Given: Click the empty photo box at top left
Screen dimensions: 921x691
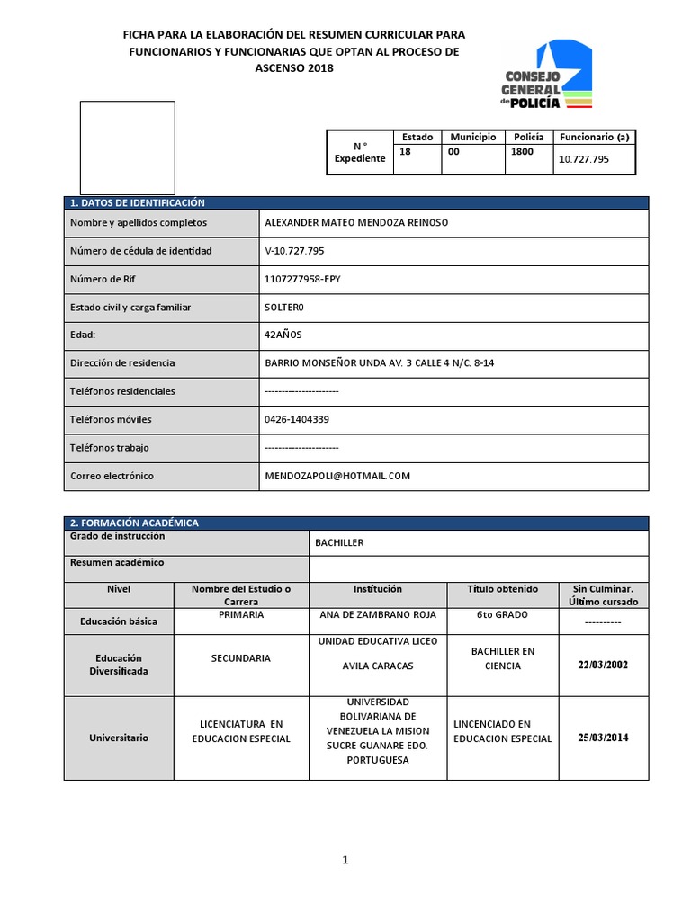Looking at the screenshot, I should point(128,148).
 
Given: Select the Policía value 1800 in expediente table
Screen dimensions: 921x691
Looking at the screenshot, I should point(522,152).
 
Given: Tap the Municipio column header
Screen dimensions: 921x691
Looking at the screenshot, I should point(472,137).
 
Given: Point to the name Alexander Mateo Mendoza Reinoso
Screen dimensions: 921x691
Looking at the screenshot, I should point(356,222).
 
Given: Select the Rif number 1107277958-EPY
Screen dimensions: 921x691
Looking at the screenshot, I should point(303,279).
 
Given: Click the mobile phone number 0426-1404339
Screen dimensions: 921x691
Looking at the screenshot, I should point(297,419).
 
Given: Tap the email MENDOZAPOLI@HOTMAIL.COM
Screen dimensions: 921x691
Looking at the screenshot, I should point(337,476).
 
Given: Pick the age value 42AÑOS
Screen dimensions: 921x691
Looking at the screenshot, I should point(283,335).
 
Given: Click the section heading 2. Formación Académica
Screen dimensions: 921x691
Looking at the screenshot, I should point(134,523).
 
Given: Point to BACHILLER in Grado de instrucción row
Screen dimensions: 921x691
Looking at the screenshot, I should point(339,543).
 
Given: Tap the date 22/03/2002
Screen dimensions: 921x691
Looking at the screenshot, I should point(603,665).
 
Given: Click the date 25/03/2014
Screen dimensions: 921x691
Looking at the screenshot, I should point(603,738).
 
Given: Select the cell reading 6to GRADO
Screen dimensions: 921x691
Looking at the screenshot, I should point(502,614).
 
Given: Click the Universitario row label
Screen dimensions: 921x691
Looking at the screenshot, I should point(119,738).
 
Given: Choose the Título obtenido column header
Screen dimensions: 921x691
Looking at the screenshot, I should point(502,589).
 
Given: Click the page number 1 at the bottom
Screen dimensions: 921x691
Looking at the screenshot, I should point(345,860).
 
